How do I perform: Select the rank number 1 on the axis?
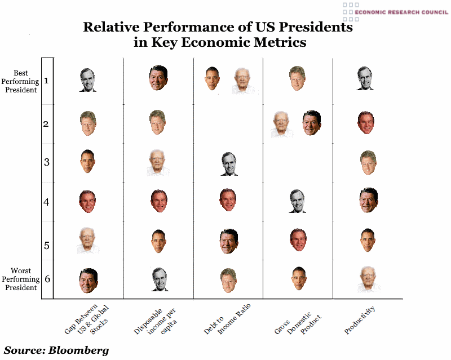tap(46, 80)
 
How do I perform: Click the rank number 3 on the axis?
tap(46, 162)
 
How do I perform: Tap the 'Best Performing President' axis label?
tap(20, 81)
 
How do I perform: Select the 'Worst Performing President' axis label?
tap(20, 279)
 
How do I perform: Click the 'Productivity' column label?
tap(360, 319)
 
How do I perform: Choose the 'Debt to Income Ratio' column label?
tap(228, 319)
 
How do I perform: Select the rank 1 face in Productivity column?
tap(365, 78)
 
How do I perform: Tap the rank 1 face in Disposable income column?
tap(158, 78)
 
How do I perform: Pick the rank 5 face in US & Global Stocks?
tap(88, 239)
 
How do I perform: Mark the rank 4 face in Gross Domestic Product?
tap(297, 201)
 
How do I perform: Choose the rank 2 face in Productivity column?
tap(365, 122)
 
